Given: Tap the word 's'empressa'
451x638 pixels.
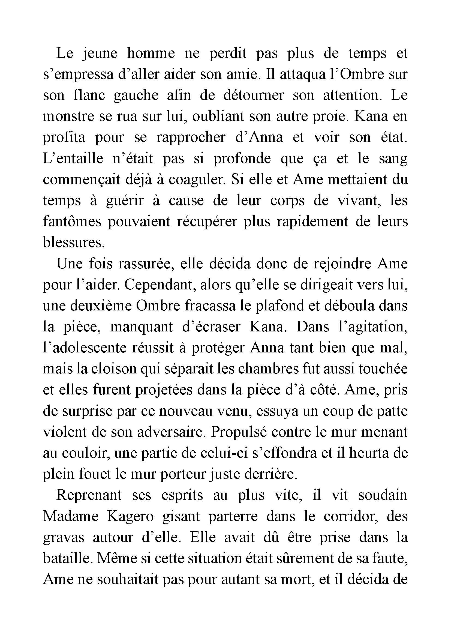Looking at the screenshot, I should (x=78, y=75).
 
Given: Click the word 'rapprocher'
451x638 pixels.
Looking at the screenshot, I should (x=191, y=137).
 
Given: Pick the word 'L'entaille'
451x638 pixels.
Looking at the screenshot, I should (x=73, y=158).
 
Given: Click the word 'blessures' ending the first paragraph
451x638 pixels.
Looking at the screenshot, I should (x=74, y=242).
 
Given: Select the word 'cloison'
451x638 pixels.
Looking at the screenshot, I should (x=116, y=369).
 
